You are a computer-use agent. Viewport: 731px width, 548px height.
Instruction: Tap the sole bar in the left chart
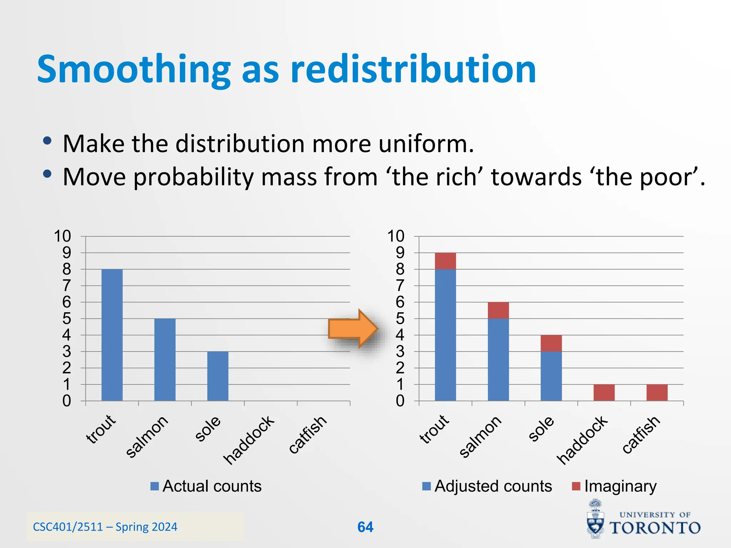coord(218,376)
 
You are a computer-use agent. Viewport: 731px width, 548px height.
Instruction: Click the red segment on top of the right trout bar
coord(445,261)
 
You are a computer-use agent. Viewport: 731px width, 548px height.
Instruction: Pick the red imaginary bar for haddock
coord(604,392)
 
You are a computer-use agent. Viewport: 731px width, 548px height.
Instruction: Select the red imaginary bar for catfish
coord(657,392)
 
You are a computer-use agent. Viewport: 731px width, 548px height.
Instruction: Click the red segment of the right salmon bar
coord(498,310)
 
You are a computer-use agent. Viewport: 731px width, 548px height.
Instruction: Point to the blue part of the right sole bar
coord(551,376)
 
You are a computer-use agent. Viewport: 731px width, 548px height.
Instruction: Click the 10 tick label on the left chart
coord(62,236)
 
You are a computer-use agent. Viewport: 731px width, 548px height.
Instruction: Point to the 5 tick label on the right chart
coord(400,319)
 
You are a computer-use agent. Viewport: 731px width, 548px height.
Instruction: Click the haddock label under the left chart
coord(249,440)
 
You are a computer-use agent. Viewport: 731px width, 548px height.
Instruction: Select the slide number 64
coord(365,527)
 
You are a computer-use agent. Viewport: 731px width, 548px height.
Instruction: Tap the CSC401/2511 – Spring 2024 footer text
coord(105,527)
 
